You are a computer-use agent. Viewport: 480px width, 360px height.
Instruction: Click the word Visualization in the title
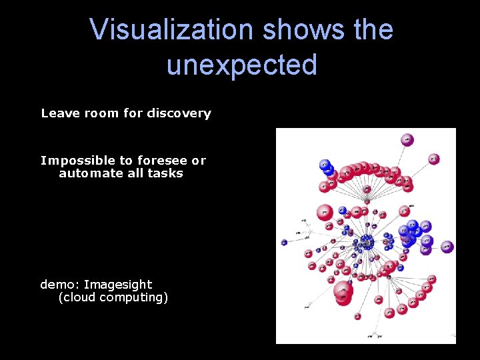pos(172,30)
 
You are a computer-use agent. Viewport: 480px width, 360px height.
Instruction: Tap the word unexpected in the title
pos(241,65)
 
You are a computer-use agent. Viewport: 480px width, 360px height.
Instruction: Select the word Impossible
pos(78,161)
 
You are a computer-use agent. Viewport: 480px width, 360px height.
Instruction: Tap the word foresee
pos(162,161)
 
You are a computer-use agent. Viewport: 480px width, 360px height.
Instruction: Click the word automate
pos(88,173)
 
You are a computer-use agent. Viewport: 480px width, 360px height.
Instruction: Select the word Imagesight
pos(118,285)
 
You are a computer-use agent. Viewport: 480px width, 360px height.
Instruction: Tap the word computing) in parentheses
pos(133,297)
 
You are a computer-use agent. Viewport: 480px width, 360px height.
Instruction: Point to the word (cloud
pos(77,297)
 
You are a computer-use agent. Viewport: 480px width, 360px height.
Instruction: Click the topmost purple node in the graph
pos(407,139)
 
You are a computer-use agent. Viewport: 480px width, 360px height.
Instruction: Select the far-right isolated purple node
pos(447,247)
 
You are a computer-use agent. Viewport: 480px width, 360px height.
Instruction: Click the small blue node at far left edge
pos(284,242)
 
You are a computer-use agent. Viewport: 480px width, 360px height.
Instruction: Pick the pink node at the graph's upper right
pos(434,159)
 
